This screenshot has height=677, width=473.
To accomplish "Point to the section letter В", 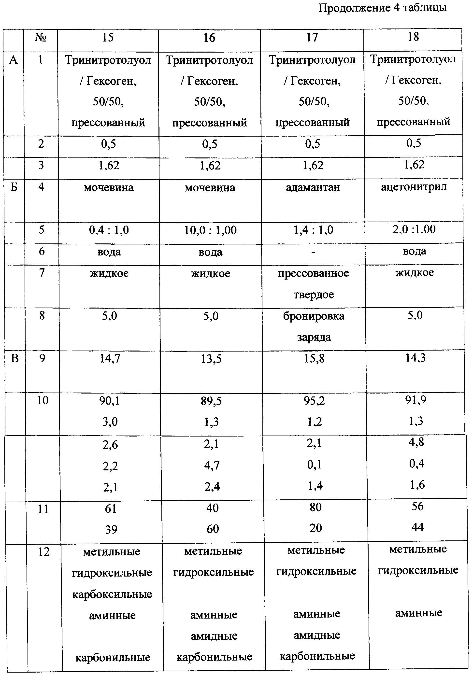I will point(15,358).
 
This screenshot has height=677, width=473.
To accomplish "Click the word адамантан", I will point(313,187).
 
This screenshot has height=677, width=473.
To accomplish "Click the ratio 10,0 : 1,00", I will point(210,230).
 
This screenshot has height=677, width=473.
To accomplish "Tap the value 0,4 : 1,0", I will point(109,230).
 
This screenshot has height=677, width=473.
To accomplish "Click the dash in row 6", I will point(313,252).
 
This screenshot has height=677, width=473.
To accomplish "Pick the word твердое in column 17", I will point(314,295).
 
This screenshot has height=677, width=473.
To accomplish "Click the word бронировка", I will point(314,316).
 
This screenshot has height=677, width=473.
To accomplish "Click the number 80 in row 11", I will point(315,507).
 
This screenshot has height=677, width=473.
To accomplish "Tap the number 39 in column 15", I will point(111,530).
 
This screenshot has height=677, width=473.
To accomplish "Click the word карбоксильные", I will point(112,594).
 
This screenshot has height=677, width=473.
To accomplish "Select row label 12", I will point(44,552).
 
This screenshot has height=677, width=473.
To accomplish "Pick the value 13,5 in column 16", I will point(211,359).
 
